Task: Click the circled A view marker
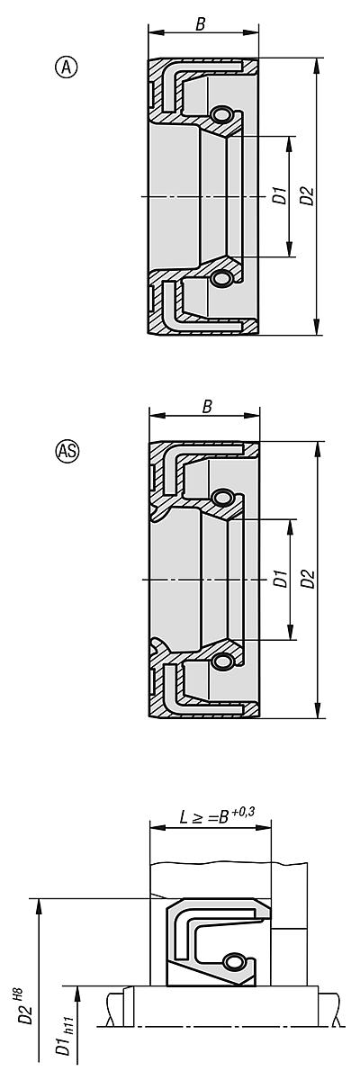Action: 65,66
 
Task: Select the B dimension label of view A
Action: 200,25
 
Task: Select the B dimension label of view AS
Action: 206,407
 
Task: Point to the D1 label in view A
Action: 280,195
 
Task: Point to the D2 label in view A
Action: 307,195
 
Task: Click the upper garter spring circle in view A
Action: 220,114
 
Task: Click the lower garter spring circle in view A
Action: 220,279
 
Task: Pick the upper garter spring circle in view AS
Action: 222,498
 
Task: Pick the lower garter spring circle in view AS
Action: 222,662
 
